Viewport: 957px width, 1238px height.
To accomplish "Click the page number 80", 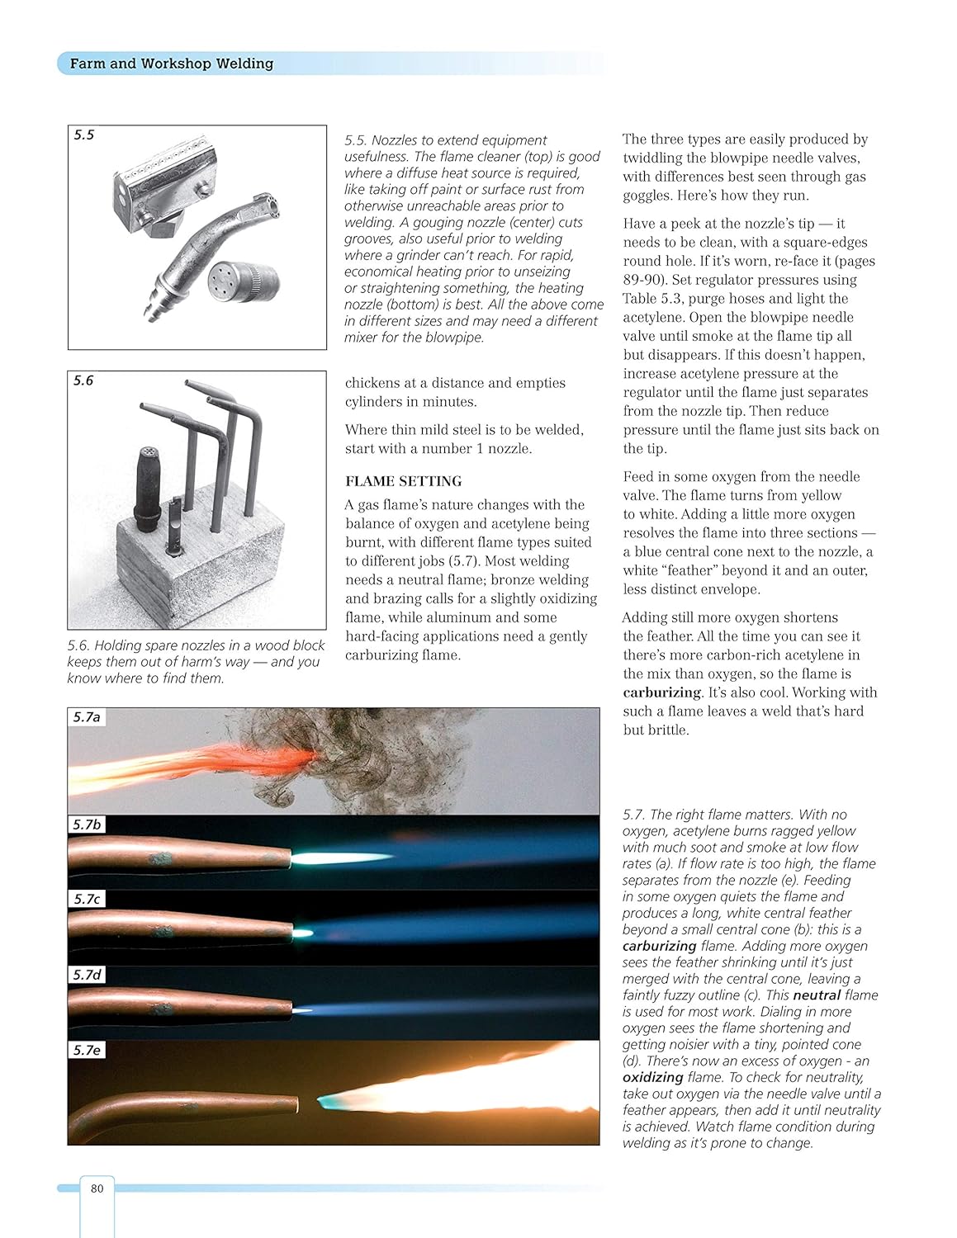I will pyautogui.click(x=97, y=1188).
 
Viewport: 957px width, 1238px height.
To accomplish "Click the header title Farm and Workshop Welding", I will pyautogui.click(x=171, y=64).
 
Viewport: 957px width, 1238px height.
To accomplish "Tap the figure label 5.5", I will pyautogui.click(x=84, y=135).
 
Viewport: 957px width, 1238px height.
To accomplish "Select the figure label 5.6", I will pyautogui.click(x=83, y=380).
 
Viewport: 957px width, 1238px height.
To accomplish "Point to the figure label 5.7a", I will pyautogui.click(x=87, y=717).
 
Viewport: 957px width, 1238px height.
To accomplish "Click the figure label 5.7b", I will pyautogui.click(x=87, y=825).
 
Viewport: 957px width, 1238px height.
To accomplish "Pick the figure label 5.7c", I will pyautogui.click(x=87, y=899).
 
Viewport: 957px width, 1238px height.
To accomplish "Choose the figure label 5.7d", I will pyautogui.click(x=87, y=975).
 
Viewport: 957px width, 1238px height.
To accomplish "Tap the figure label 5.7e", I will pyautogui.click(x=87, y=1050).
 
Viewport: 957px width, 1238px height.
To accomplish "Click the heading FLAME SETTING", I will pyautogui.click(x=403, y=481).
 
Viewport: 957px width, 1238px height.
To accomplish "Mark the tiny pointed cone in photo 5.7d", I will pyautogui.click(x=303, y=1009).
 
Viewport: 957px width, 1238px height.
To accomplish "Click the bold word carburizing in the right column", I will pyautogui.click(x=662, y=692).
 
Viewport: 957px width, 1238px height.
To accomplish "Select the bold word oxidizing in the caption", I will pyautogui.click(x=652, y=1077).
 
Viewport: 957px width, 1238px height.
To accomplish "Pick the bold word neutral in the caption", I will pyautogui.click(x=817, y=995).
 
